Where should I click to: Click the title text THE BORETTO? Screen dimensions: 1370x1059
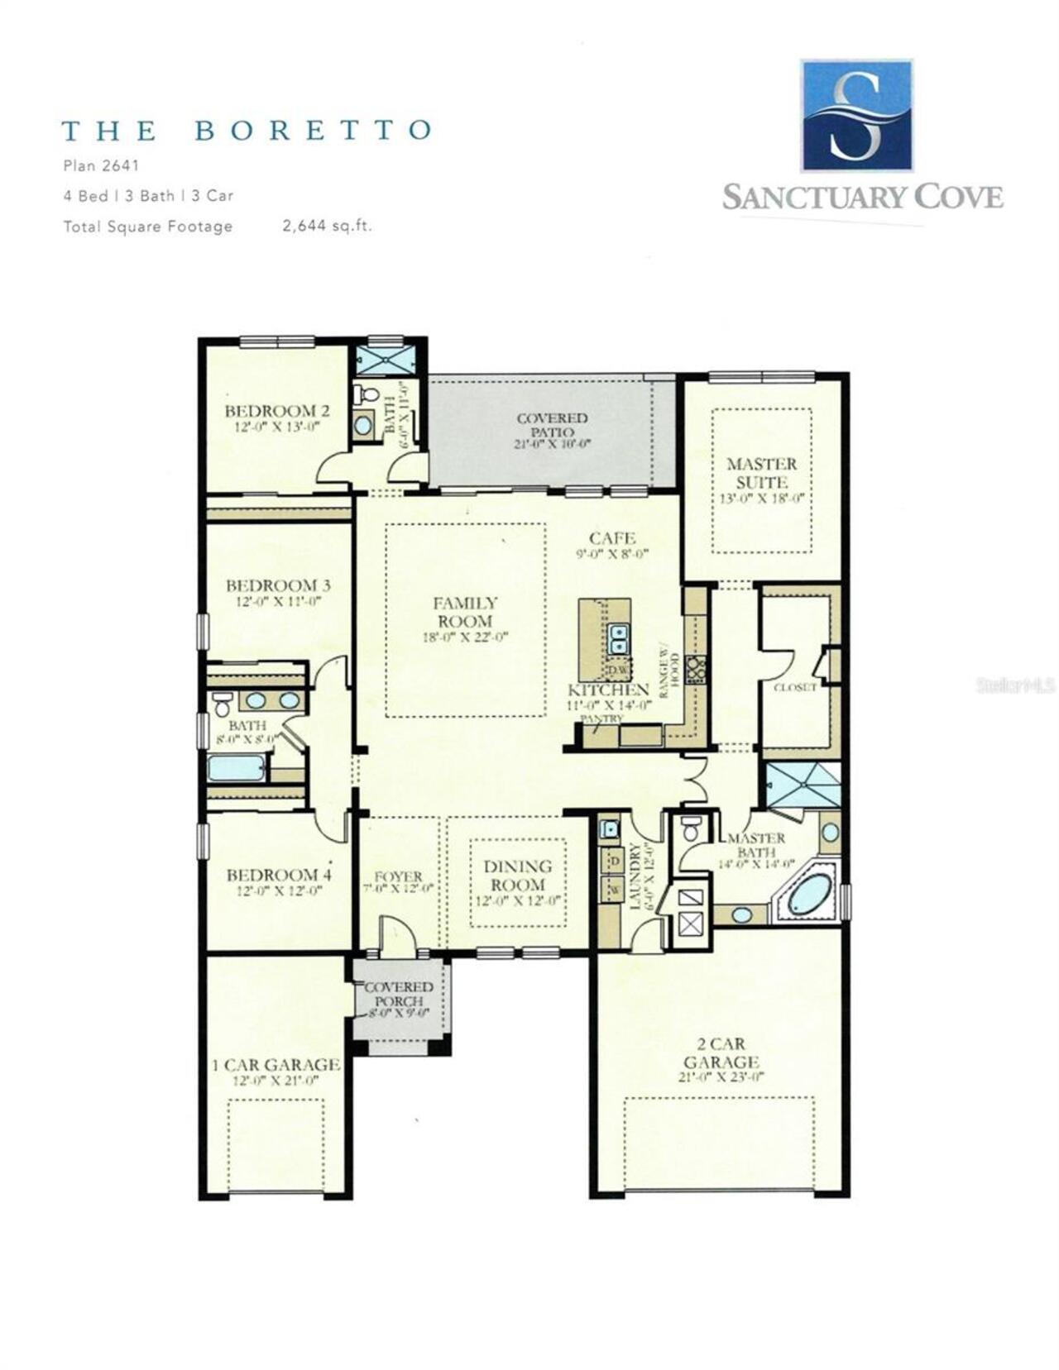tap(247, 131)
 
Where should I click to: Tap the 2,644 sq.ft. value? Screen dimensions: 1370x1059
tap(327, 226)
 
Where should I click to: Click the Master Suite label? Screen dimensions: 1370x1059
tap(761, 473)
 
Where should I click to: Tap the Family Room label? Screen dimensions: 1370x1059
tap(465, 613)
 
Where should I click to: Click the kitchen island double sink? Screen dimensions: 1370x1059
tap(617, 638)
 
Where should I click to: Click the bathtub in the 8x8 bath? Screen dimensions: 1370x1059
tap(236, 769)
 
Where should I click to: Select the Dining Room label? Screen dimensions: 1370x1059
tap(518, 876)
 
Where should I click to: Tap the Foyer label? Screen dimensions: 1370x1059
tap(399, 876)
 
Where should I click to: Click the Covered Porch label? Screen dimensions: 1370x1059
tap(399, 994)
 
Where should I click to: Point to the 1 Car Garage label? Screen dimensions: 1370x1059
tap(276, 1065)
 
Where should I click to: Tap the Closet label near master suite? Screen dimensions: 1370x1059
tap(794, 687)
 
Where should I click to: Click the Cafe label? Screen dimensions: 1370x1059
tap(612, 538)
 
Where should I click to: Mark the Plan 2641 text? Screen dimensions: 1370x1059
tap(101, 165)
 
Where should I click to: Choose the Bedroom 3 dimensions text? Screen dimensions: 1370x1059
tap(278, 602)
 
